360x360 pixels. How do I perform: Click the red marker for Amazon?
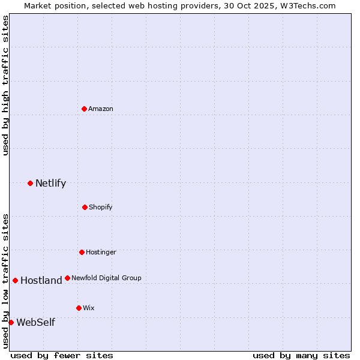click(84, 109)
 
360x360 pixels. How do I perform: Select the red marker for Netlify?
click(30, 183)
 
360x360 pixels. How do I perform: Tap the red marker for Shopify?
click(85, 207)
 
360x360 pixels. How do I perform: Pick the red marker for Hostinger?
click(82, 252)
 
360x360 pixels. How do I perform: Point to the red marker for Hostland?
click(15, 280)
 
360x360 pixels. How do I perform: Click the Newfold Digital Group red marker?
click(67, 278)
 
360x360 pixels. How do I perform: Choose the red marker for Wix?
click(79, 308)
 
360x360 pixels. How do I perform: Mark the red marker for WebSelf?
click(11, 322)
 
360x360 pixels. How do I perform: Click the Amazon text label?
click(101, 109)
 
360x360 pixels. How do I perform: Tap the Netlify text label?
click(50, 183)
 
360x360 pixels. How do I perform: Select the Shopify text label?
click(101, 207)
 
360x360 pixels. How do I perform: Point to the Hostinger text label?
click(101, 252)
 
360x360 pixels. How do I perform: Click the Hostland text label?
click(41, 280)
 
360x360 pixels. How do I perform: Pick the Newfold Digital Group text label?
click(107, 278)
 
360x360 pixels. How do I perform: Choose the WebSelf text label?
click(35, 322)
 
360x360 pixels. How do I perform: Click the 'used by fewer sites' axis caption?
click(62, 355)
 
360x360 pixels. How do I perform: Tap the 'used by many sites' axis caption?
click(301, 355)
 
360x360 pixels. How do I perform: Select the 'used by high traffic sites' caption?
click(5, 85)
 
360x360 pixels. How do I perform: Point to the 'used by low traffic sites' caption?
click(5, 280)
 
